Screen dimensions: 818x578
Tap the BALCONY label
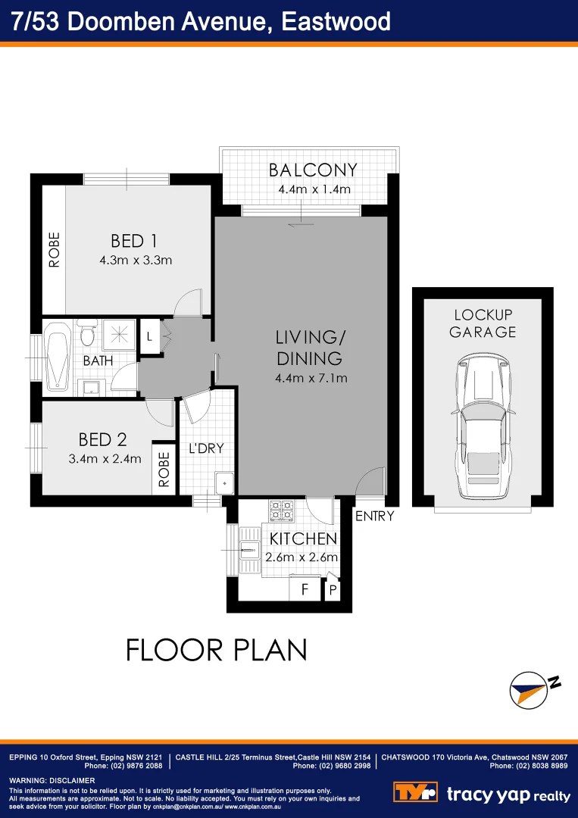tap(313, 170)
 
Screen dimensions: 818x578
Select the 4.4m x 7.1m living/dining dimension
tap(311, 378)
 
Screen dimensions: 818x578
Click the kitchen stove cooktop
tap(282, 511)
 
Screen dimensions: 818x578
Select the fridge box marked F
tap(305, 589)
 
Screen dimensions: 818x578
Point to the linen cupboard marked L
tap(150, 337)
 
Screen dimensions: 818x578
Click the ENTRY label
tap(374, 517)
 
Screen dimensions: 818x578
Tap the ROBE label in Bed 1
tap(54, 250)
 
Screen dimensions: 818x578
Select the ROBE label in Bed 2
tap(164, 470)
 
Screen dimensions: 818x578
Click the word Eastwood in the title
tap(336, 21)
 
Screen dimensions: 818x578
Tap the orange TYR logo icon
tap(415, 792)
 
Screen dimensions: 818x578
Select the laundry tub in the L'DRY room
tap(224, 482)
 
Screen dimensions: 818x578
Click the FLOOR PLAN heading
tap(216, 650)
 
